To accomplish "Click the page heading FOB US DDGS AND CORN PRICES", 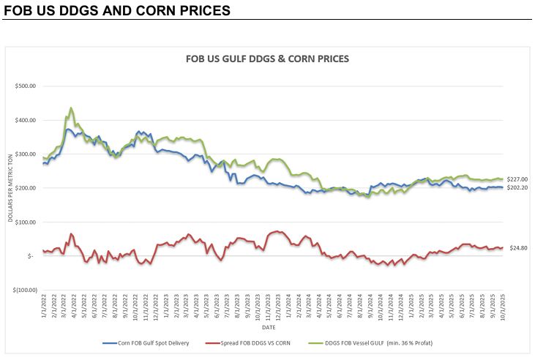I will (x=118, y=11).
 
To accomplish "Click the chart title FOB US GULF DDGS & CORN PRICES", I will (x=269, y=59).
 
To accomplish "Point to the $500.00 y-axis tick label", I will (x=25, y=86).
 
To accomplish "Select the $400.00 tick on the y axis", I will (x=25, y=120).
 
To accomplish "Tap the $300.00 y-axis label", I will (x=25, y=154).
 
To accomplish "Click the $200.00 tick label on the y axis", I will (x=25, y=188).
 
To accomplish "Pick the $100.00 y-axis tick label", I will (x=25, y=222).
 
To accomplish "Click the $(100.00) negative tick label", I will (x=23, y=290).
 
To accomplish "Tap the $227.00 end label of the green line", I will (x=517, y=179).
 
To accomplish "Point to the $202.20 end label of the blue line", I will (x=517, y=188).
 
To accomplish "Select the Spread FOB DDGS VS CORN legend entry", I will (x=262, y=342).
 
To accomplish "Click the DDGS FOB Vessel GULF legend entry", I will (x=388, y=342).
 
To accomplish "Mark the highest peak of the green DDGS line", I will (x=71, y=108).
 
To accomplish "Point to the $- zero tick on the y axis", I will (x=30, y=256).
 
